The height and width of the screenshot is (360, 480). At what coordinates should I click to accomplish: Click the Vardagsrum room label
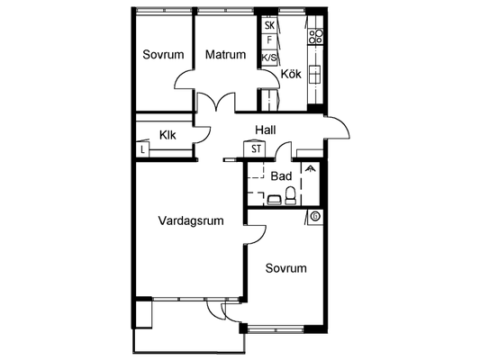pyautogui.click(x=191, y=220)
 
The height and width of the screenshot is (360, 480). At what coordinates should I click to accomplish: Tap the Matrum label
pyautogui.click(x=226, y=54)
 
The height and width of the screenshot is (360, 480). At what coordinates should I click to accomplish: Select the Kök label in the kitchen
pyautogui.click(x=291, y=74)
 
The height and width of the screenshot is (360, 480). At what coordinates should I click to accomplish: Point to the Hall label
pyautogui.click(x=266, y=130)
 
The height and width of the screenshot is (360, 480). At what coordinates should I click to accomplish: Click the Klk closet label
pyautogui.click(x=168, y=135)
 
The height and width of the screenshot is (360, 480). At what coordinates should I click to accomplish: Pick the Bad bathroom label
pyautogui.click(x=281, y=176)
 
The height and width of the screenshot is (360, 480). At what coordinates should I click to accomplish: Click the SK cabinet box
pyautogui.click(x=269, y=25)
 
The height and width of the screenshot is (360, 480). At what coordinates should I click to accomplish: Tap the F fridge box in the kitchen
pyautogui.click(x=269, y=40)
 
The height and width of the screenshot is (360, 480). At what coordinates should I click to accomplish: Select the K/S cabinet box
pyautogui.click(x=269, y=58)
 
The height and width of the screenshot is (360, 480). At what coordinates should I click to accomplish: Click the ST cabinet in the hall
pyautogui.click(x=255, y=149)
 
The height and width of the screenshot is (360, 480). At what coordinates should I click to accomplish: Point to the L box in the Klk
pyautogui.click(x=142, y=150)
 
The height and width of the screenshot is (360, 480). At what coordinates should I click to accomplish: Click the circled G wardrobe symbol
pyautogui.click(x=315, y=217)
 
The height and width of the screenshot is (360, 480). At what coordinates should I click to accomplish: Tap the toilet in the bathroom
pyautogui.click(x=290, y=196)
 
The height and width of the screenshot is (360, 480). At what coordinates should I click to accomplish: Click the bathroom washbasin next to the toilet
pyautogui.click(x=274, y=200)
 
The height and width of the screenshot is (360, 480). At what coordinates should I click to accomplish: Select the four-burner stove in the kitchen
pyautogui.click(x=315, y=37)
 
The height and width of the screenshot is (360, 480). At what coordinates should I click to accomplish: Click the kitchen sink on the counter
pyautogui.click(x=314, y=75)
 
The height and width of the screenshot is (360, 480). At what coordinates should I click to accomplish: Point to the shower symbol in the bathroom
pyautogui.click(x=311, y=169)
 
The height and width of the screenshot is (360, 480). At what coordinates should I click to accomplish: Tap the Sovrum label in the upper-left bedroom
pyautogui.click(x=163, y=54)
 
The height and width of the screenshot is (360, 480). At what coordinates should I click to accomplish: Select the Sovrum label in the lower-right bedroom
pyautogui.click(x=285, y=268)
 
